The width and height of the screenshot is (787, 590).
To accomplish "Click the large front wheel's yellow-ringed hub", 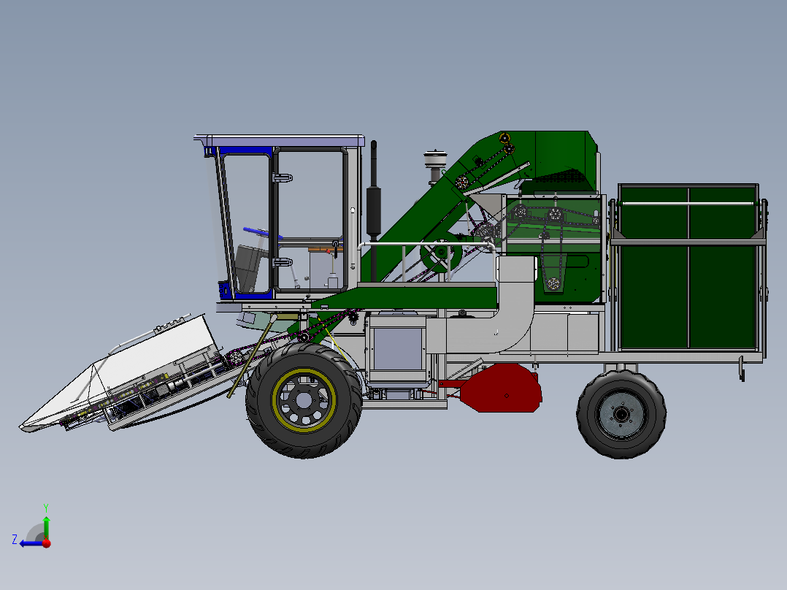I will click(304, 399).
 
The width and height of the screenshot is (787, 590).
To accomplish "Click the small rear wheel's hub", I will click(621, 414).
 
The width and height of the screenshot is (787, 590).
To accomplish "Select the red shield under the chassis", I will click(504, 388).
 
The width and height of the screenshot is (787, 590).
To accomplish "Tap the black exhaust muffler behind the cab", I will click(374, 211).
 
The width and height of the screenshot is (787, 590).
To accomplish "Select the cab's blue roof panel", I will click(285, 139).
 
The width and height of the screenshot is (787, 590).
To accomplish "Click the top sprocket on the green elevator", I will click(504, 138).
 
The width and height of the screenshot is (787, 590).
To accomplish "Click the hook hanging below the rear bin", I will click(742, 369).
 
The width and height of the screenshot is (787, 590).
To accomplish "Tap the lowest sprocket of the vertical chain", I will click(553, 283).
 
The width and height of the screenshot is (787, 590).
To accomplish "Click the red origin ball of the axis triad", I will click(46, 543).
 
